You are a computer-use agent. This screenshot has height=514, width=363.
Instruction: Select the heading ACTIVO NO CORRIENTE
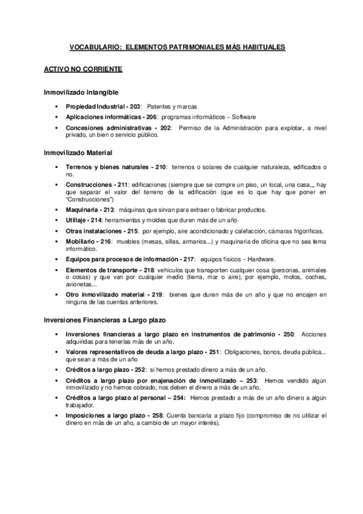(x=83, y=69)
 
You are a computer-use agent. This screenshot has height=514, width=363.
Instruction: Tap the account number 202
(x=164, y=128)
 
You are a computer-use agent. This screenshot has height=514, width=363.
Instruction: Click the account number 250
(x=288, y=334)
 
